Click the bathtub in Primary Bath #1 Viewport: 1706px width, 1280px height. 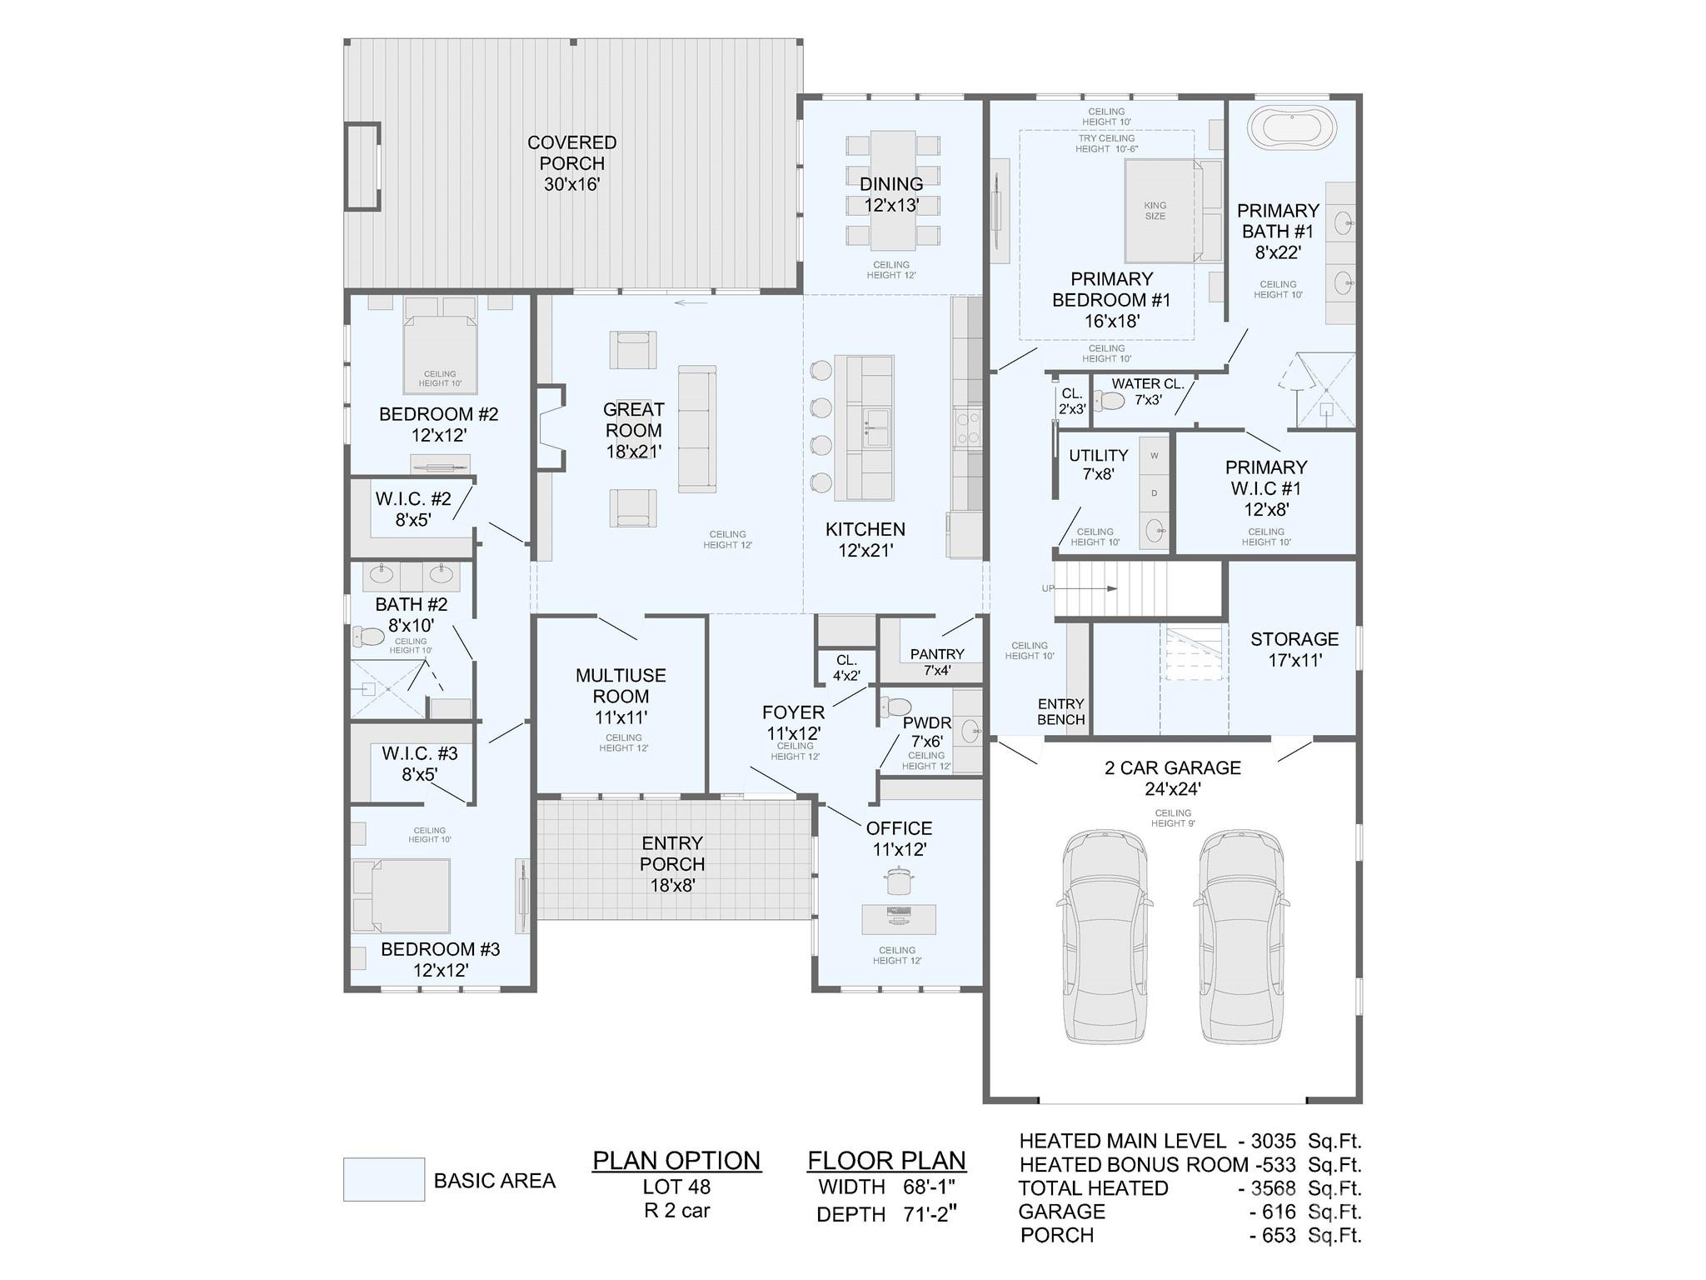coord(1291,128)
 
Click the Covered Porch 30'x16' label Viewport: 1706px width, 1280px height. coord(572,163)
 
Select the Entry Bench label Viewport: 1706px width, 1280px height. coord(1060,712)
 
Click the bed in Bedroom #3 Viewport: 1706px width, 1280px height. coord(402,896)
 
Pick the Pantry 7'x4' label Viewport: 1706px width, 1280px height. coord(937,662)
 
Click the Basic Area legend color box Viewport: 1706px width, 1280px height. coord(384,1179)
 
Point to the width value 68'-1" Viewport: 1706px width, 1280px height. coord(928,1187)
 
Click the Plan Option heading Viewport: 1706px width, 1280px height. coord(676,1161)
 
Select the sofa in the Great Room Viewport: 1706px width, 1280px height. coord(696,428)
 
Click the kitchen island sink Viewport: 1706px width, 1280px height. coord(876,427)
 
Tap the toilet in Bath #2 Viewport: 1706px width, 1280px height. coord(368,637)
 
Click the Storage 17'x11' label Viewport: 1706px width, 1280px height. coord(1294,649)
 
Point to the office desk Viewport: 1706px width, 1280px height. coord(898,918)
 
